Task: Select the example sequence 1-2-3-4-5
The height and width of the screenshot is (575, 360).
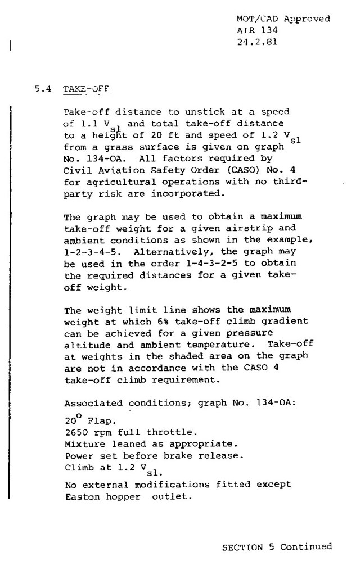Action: (89, 252)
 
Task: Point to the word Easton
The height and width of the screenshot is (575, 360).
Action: (79, 496)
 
